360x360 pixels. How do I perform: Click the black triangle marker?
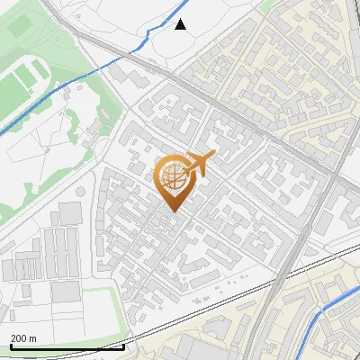181,24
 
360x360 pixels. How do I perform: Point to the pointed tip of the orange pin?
171,212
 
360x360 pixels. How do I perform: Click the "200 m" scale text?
24,338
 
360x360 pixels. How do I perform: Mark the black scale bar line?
67,346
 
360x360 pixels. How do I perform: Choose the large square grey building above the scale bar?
65,292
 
